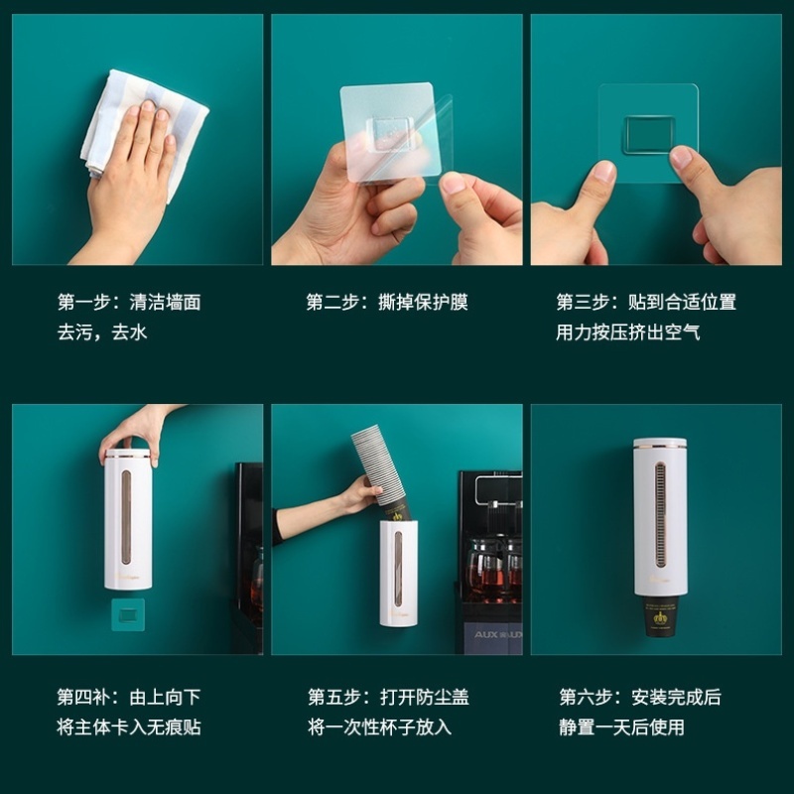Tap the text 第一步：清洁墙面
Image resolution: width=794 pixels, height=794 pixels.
[128, 302]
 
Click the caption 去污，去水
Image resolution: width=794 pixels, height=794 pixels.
[102, 332]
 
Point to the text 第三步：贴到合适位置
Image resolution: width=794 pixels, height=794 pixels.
[646, 302]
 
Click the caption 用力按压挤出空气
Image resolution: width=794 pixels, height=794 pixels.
[628, 332]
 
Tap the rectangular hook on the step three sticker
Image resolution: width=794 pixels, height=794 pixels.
[648, 135]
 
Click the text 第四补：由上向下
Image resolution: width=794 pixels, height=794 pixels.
[128, 697]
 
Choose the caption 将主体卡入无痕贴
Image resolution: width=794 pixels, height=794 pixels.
[128, 728]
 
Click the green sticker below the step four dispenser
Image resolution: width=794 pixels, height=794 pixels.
[127, 611]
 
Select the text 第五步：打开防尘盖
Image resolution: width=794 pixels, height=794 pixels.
[388, 697]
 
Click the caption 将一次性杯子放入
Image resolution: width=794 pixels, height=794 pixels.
[379, 728]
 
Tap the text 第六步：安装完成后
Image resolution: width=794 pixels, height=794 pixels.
[640, 697]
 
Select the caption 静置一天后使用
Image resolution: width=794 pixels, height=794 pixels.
[621, 728]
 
